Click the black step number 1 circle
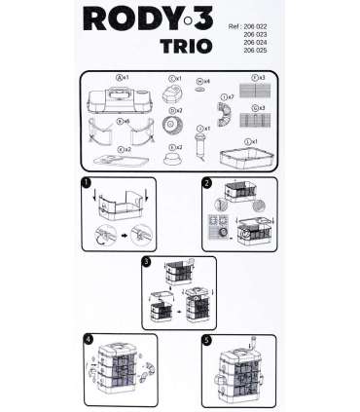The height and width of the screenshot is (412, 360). [x=87, y=183]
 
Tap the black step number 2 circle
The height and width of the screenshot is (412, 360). [x=207, y=183]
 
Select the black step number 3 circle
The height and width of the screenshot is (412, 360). [x=146, y=261]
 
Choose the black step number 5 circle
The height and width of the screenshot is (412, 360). [x=207, y=339]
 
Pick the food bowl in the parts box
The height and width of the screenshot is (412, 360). [x=176, y=157]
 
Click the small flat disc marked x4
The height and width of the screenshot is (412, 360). [x=200, y=89]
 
